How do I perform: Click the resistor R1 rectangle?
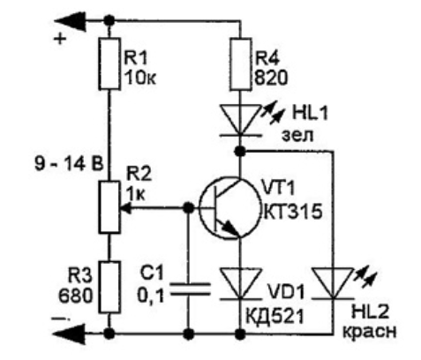pyautogui.click(x=109, y=64)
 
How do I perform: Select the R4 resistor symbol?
pyautogui.click(x=241, y=64)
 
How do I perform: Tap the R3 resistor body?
pyautogui.click(x=109, y=287)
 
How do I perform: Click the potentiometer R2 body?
pyautogui.click(x=109, y=207)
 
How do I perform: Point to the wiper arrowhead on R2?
pyautogui.click(x=126, y=208)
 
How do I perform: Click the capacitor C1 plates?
pyautogui.click(x=191, y=289)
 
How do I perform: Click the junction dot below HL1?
pyautogui.click(x=241, y=152)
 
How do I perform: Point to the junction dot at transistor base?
pyautogui.click(x=188, y=208)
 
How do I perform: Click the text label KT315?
pyautogui.click(x=293, y=212)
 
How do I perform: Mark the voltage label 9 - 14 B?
pyautogui.click(x=69, y=164)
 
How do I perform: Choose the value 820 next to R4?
pyautogui.click(x=271, y=79)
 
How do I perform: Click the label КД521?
pyautogui.click(x=274, y=317)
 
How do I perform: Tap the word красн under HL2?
pyautogui.click(x=370, y=332)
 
